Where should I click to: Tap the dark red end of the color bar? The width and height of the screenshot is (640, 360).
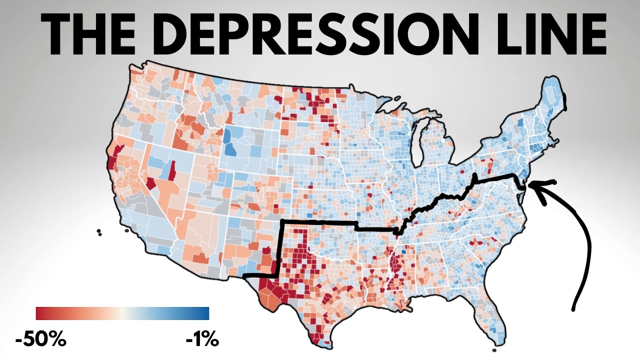(40, 313)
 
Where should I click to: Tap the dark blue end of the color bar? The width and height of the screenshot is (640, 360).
(205, 313)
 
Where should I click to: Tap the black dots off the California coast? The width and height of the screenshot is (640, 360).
(99, 232)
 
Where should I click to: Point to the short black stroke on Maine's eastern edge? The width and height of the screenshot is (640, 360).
(565, 101)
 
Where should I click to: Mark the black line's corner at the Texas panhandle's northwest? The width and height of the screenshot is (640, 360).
(283, 221)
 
